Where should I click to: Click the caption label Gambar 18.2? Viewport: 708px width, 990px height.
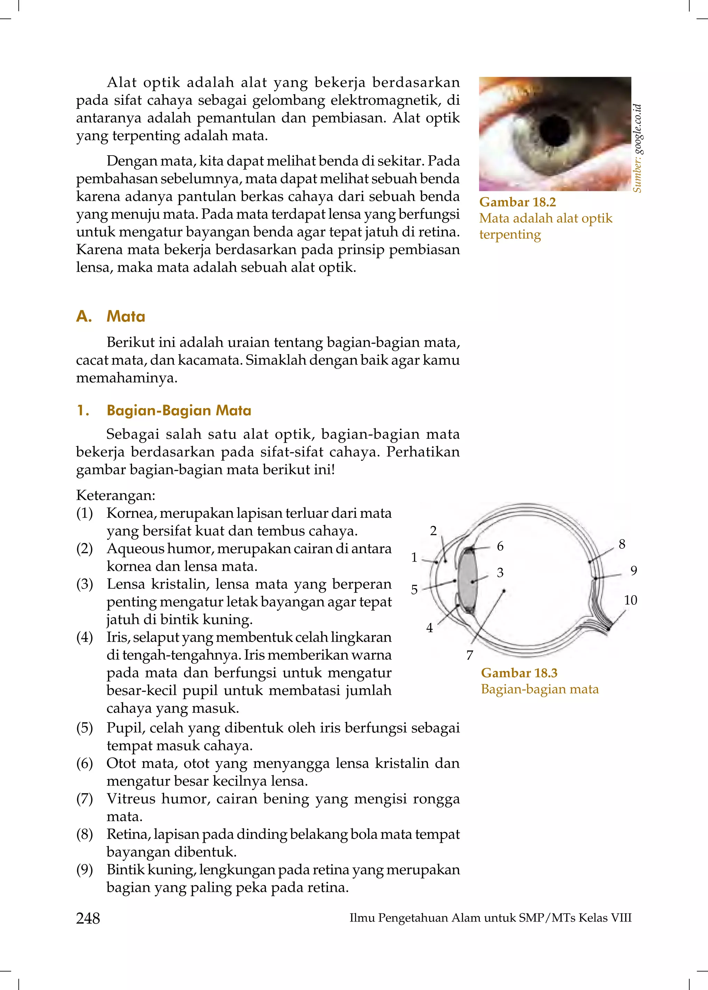click(x=518, y=202)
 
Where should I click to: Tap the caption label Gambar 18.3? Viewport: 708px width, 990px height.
click(x=519, y=673)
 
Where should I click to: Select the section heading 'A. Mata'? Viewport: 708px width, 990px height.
click(x=111, y=316)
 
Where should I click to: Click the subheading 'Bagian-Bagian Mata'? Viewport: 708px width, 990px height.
click(x=179, y=410)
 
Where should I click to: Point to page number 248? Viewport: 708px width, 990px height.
click(x=88, y=918)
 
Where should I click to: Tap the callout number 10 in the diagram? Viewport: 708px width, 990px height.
click(x=631, y=600)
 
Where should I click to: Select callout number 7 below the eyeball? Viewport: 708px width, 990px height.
click(x=469, y=655)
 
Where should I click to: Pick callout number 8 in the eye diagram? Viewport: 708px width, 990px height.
click(x=622, y=544)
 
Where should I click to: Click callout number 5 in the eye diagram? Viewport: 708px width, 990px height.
click(x=414, y=590)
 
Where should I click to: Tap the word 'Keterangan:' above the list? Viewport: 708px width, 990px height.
click(x=115, y=495)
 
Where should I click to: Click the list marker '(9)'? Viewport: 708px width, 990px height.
click(x=85, y=869)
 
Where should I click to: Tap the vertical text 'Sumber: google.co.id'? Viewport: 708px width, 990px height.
click(x=637, y=148)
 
